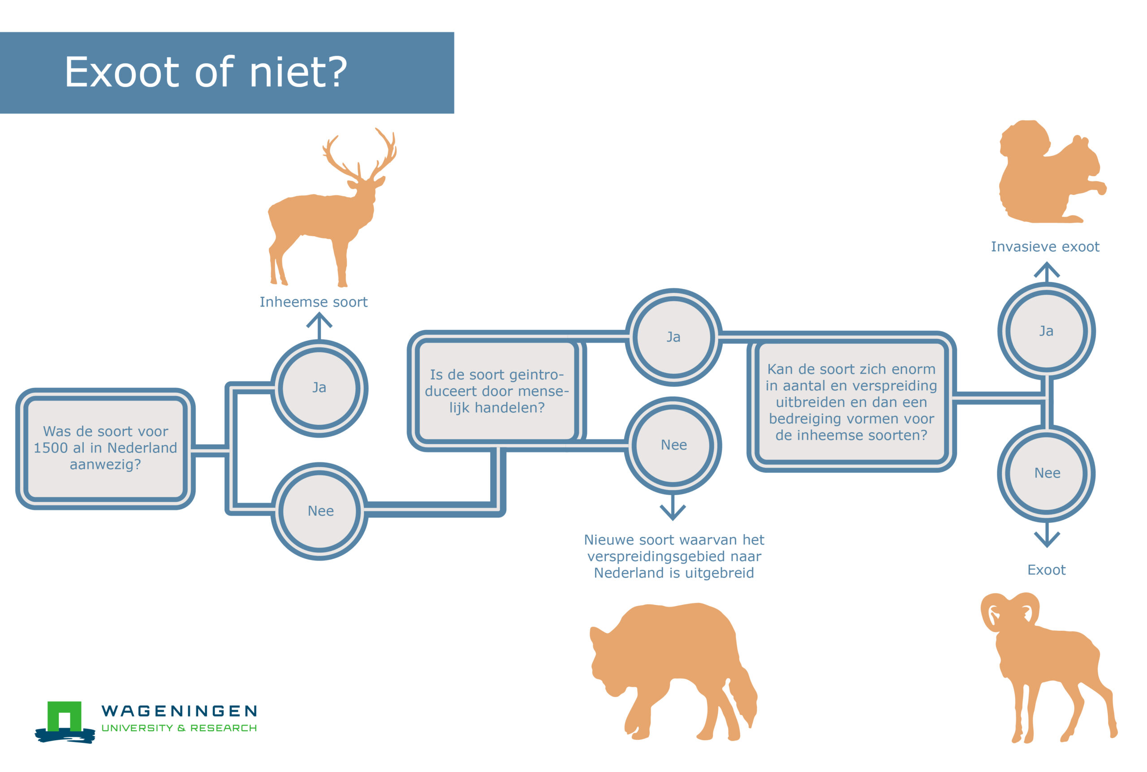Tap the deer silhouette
(x=325, y=216)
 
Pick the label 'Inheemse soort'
(x=314, y=302)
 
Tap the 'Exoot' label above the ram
(x=1046, y=569)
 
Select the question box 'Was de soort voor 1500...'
(x=105, y=449)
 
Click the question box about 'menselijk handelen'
(x=497, y=391)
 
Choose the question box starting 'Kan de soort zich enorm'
(x=851, y=402)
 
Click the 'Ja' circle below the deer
(x=319, y=388)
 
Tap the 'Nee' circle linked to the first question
(x=319, y=511)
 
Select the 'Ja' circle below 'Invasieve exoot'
(x=1047, y=331)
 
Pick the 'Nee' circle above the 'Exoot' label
(x=1047, y=473)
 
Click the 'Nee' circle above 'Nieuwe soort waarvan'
(x=673, y=445)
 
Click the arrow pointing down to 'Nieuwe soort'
(x=673, y=507)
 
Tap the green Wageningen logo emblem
(x=65, y=722)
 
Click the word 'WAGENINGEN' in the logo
(x=179, y=711)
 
